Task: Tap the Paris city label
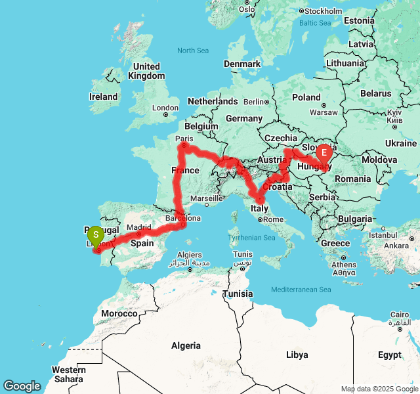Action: pos(184,139)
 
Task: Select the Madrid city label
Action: pos(139,227)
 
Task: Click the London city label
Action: pos(165,108)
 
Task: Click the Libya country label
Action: pos(297,355)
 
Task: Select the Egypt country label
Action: pos(389,355)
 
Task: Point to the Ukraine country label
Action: pos(400,143)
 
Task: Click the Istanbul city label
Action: pos(383,234)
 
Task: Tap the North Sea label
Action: pos(193,51)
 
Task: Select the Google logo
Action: pos(22,386)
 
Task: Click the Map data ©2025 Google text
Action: pos(379,389)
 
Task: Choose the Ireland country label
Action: pos(104,97)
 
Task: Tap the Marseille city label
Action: pos(207,198)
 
